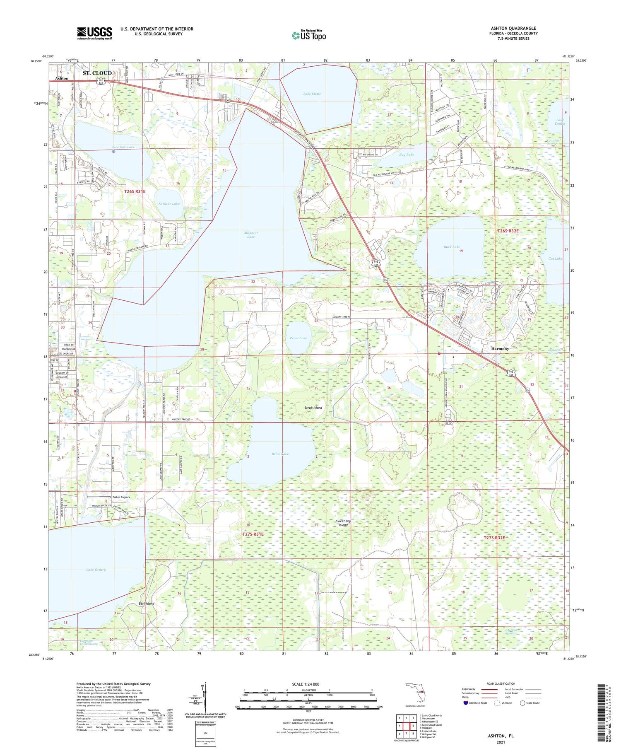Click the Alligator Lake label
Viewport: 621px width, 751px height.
(250, 234)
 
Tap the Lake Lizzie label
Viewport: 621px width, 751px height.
(312, 94)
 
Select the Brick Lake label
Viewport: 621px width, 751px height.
(280, 454)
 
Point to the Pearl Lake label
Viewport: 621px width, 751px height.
(298, 338)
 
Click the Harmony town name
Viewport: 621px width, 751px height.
(500, 349)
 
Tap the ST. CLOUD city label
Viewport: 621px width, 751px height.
(97, 73)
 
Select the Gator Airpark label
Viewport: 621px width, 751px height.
(121, 497)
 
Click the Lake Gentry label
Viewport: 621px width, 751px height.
(96, 570)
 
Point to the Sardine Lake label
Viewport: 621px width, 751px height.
(169, 204)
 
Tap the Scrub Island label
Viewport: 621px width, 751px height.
(313, 408)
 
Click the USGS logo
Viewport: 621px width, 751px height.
(94, 33)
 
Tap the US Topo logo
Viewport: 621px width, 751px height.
(308, 35)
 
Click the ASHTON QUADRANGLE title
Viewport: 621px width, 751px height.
(513, 28)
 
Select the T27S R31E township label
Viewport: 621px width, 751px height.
(253, 534)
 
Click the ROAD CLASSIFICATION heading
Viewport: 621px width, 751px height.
(501, 683)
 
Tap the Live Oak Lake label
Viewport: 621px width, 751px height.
(123, 147)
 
